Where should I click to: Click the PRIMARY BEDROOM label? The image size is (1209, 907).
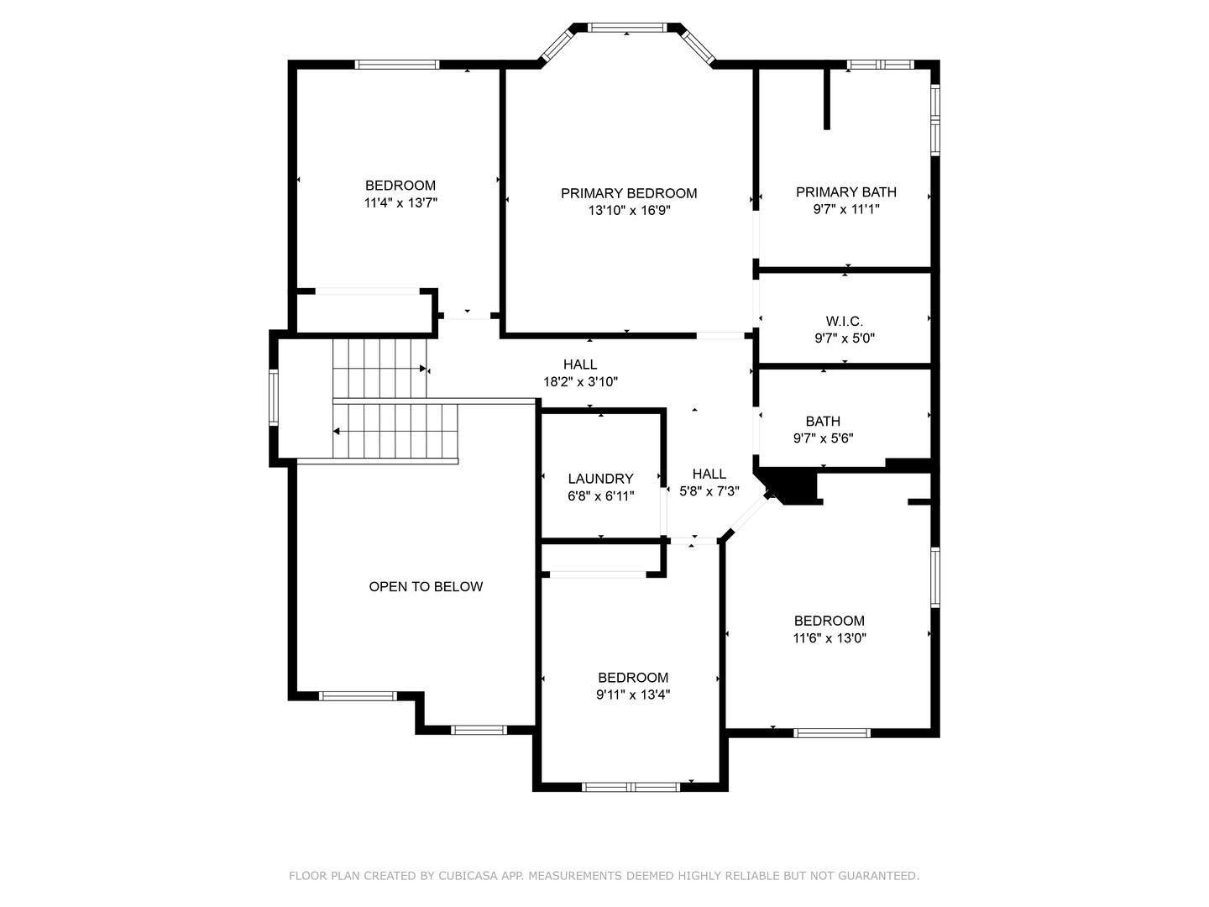pyautogui.click(x=629, y=193)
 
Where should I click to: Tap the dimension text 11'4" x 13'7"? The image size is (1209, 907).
pyautogui.click(x=400, y=202)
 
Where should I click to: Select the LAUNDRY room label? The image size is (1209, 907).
pyautogui.click(x=600, y=479)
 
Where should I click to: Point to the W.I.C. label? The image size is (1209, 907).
pyautogui.click(x=844, y=321)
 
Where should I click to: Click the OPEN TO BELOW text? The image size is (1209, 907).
pyautogui.click(x=426, y=586)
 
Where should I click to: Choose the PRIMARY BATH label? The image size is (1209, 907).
pyautogui.click(x=845, y=192)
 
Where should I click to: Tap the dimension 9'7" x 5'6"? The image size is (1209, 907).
pyautogui.click(x=823, y=438)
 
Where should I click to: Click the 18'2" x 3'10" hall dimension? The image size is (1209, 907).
pyautogui.click(x=580, y=381)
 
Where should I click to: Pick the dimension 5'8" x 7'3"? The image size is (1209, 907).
pyautogui.click(x=709, y=490)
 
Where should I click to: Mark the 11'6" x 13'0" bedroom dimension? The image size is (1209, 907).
pyautogui.click(x=830, y=637)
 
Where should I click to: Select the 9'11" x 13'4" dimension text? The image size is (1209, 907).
pyautogui.click(x=633, y=695)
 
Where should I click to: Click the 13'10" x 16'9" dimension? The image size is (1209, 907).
pyautogui.click(x=629, y=210)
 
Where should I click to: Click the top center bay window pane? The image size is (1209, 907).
pyautogui.click(x=628, y=28)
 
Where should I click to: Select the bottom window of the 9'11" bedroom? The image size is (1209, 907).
pyautogui.click(x=631, y=787)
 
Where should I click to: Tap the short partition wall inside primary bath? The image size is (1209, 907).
pyautogui.click(x=827, y=98)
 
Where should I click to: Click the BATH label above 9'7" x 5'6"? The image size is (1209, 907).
pyautogui.click(x=823, y=421)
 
